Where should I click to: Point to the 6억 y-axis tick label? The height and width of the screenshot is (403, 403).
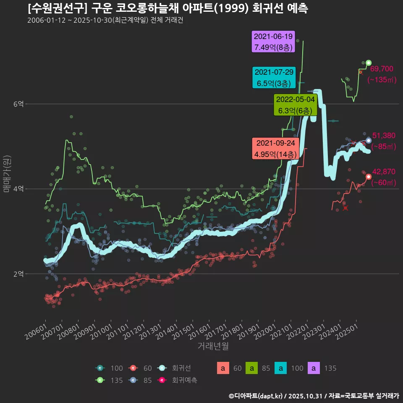(x=18, y=104)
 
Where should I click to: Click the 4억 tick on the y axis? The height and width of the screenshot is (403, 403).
(x=18, y=189)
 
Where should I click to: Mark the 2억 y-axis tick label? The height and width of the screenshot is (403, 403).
(x=18, y=274)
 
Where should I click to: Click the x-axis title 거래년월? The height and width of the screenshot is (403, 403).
(x=213, y=346)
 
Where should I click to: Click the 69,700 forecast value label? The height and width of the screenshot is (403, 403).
(x=382, y=69)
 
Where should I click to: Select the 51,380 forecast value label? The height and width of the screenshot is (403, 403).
(x=384, y=135)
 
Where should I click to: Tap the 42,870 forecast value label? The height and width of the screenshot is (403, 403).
(x=384, y=171)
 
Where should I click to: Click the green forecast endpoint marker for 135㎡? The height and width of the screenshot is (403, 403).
(x=369, y=63)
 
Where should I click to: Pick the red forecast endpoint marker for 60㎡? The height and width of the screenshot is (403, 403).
(x=369, y=177)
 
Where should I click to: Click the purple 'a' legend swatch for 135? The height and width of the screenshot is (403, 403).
(x=315, y=368)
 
